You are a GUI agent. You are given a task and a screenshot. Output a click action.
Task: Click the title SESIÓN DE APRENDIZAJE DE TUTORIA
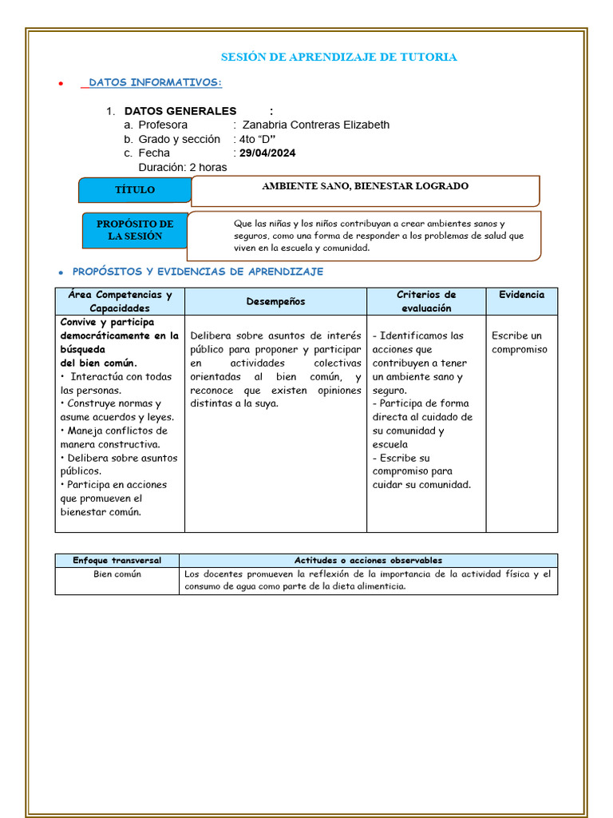338,57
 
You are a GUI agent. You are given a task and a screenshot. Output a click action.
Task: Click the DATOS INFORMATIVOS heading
155,82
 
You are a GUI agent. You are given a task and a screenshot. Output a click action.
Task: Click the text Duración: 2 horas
182,167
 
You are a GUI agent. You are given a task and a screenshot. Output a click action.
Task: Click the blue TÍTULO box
135,190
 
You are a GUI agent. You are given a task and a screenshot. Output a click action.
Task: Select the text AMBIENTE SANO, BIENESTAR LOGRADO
365,186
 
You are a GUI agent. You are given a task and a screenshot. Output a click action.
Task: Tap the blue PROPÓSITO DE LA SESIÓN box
135,230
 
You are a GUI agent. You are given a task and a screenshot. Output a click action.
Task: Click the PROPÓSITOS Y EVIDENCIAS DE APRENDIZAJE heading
198,272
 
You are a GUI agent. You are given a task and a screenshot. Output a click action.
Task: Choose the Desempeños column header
275,301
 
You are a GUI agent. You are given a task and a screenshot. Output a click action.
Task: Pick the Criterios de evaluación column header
426,301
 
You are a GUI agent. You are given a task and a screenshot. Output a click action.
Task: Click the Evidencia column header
521,295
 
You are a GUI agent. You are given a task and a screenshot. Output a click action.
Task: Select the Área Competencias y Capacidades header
120,301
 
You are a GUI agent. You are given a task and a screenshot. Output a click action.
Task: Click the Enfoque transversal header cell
117,560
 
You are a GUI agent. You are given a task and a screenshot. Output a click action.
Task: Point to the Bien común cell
117,574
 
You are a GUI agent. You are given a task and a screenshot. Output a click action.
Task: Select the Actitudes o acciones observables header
368,560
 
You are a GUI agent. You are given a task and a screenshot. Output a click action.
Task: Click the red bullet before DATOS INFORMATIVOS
61,84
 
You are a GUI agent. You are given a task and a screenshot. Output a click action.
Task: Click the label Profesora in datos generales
163,125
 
